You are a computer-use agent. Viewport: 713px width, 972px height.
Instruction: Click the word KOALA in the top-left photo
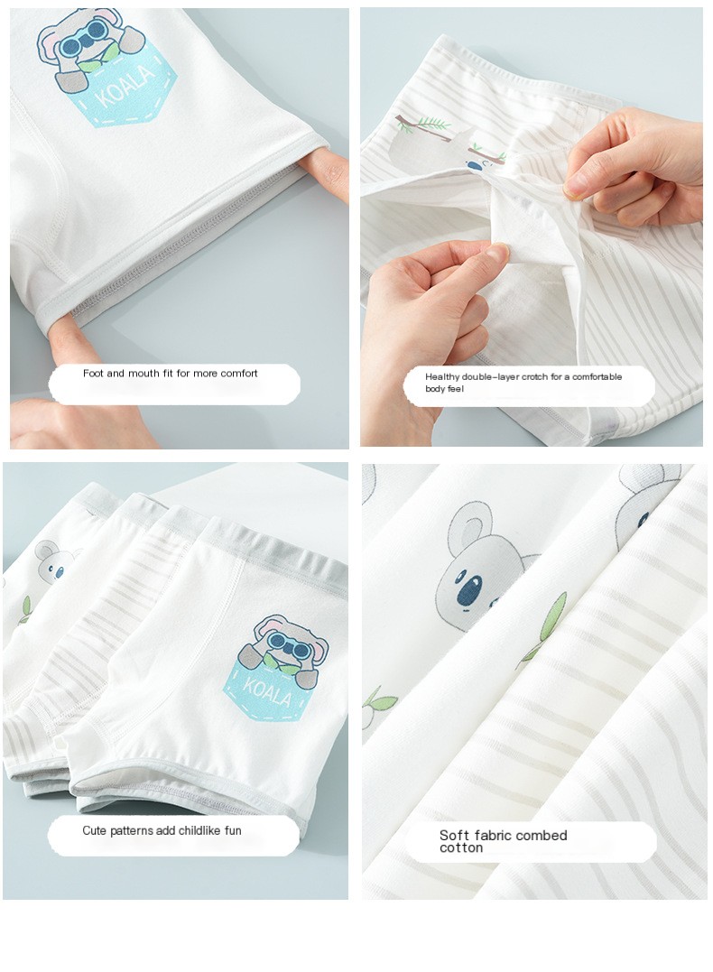pyautogui.click(x=125, y=87)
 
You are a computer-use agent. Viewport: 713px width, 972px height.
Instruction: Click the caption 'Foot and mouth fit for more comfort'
pyautogui.click(x=171, y=373)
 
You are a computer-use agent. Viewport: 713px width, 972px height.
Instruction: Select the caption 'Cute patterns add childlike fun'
pyautogui.click(x=162, y=830)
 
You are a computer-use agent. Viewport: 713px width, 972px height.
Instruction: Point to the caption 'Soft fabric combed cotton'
pyautogui.click(x=503, y=841)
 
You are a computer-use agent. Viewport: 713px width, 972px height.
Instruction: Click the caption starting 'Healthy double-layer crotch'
pyautogui.click(x=523, y=383)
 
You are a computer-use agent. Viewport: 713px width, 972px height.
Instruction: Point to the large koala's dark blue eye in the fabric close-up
pyautogui.click(x=470, y=590)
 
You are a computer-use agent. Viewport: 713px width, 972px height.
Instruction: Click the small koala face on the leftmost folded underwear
pyautogui.click(x=54, y=561)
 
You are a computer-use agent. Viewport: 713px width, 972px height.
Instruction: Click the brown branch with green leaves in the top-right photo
pyautogui.click(x=424, y=125)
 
